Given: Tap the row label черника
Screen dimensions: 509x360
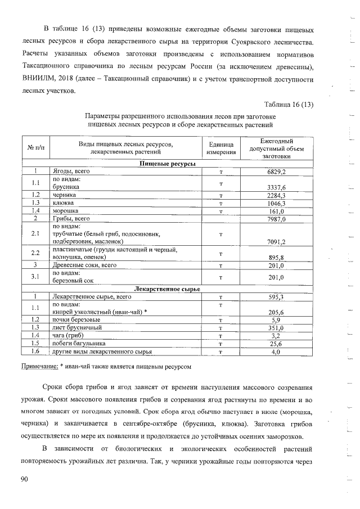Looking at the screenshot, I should pos(63,195).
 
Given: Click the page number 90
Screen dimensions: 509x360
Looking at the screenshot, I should pos(24,479).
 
